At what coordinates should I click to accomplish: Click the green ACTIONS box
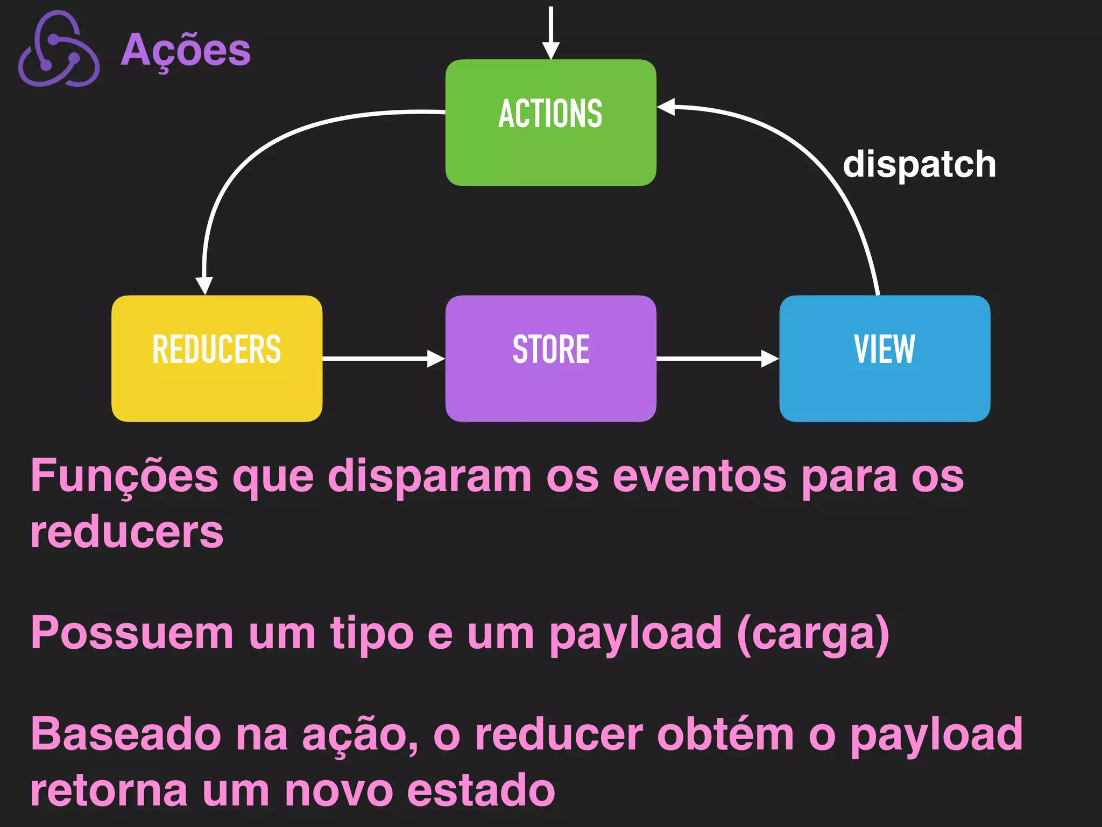pyautogui.click(x=550, y=123)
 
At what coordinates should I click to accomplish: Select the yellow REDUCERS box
pyautogui.click(x=217, y=359)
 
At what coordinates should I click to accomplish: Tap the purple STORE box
pyautogui.click(x=550, y=359)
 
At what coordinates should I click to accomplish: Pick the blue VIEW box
pyautogui.click(x=885, y=359)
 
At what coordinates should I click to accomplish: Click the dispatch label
pyautogui.click(x=919, y=164)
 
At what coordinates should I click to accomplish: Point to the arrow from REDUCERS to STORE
pyautogui.click(x=383, y=358)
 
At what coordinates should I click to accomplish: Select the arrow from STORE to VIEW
pyautogui.click(x=717, y=358)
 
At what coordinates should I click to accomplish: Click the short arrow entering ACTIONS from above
pyautogui.click(x=550, y=32)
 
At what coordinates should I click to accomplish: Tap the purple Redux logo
pyautogui.click(x=58, y=50)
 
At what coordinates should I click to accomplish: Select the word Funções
pyautogui.click(x=124, y=476)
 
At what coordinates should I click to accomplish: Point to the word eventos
pyautogui.click(x=700, y=476)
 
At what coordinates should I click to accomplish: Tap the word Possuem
pyautogui.click(x=132, y=634)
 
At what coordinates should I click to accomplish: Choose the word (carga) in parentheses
pyautogui.click(x=813, y=634)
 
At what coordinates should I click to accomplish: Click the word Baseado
pyautogui.click(x=126, y=734)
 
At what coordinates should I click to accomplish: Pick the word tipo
pyautogui.click(x=372, y=634)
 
